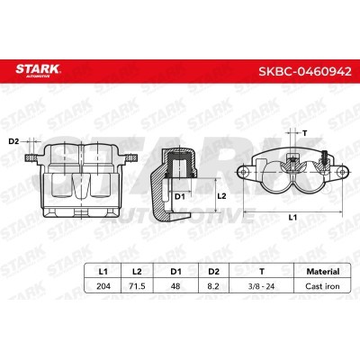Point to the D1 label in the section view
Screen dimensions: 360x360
179,195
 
